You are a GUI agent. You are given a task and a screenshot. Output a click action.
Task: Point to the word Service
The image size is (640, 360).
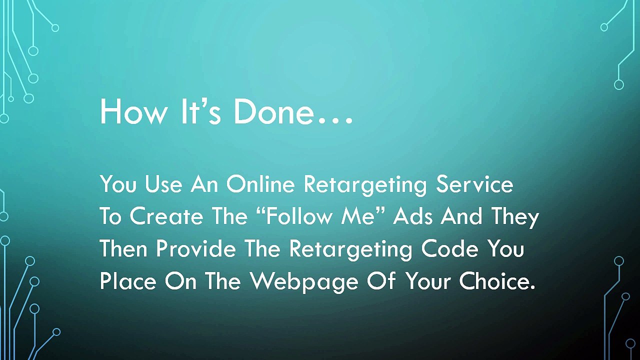click(x=474, y=184)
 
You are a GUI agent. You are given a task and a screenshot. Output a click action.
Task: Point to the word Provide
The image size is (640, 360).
click(x=195, y=249)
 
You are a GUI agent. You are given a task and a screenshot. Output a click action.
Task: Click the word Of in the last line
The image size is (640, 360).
click(x=379, y=281)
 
